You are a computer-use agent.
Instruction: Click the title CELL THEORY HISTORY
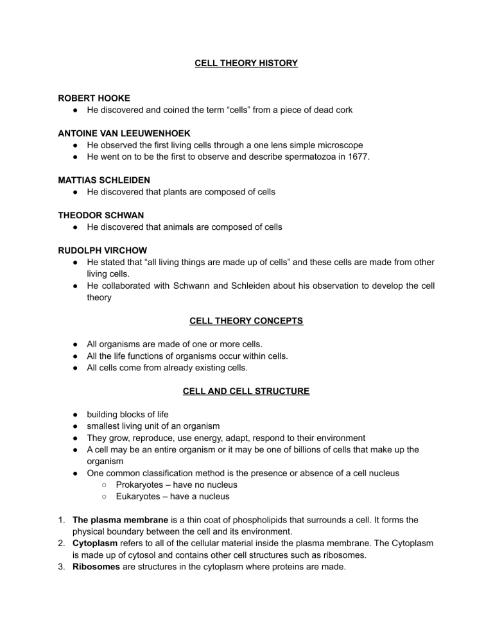[x=246, y=64]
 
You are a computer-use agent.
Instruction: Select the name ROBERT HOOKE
[x=94, y=99]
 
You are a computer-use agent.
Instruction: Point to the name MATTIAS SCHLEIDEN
[x=105, y=180]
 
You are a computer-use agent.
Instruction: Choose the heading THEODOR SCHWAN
[x=99, y=215]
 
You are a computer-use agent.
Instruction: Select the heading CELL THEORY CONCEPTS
[x=246, y=320]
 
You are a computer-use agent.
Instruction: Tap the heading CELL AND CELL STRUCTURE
[x=246, y=390]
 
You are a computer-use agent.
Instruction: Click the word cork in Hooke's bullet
[x=342, y=110]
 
